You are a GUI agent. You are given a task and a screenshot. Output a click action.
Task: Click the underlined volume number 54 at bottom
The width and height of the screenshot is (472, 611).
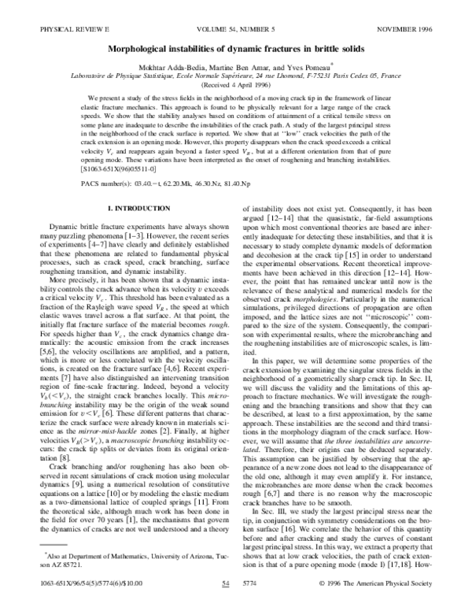(226, 583)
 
